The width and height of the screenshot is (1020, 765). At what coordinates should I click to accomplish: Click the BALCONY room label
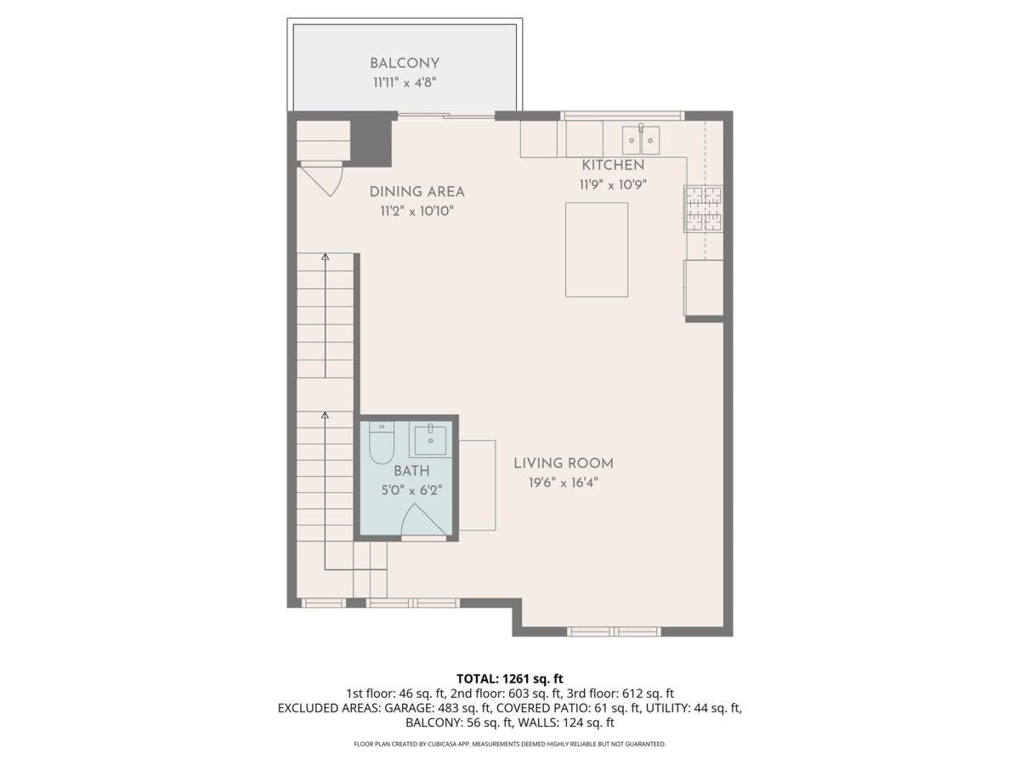(405, 63)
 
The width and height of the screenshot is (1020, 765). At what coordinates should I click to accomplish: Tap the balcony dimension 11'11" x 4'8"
(405, 82)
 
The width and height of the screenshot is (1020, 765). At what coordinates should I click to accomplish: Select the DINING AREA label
(416, 192)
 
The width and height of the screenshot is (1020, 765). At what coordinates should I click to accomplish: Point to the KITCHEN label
(613, 165)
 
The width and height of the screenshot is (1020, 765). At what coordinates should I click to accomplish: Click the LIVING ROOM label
(563, 463)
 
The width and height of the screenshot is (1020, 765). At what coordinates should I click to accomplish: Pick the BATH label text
(411, 471)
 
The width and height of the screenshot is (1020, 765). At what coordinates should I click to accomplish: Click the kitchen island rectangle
(597, 249)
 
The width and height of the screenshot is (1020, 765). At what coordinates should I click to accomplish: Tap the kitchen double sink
(641, 137)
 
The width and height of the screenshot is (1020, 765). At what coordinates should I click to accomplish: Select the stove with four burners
(703, 209)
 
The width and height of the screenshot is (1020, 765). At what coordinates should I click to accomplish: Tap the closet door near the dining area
(323, 179)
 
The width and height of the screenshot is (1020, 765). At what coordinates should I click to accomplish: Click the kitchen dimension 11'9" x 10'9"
(613, 184)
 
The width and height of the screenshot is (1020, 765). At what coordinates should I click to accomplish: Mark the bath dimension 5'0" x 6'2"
(411, 490)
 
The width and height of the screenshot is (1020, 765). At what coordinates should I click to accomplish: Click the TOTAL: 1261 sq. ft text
(510, 678)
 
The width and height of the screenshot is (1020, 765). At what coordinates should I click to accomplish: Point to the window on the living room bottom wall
(614, 632)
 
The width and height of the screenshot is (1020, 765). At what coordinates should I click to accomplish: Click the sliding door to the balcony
(446, 116)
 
